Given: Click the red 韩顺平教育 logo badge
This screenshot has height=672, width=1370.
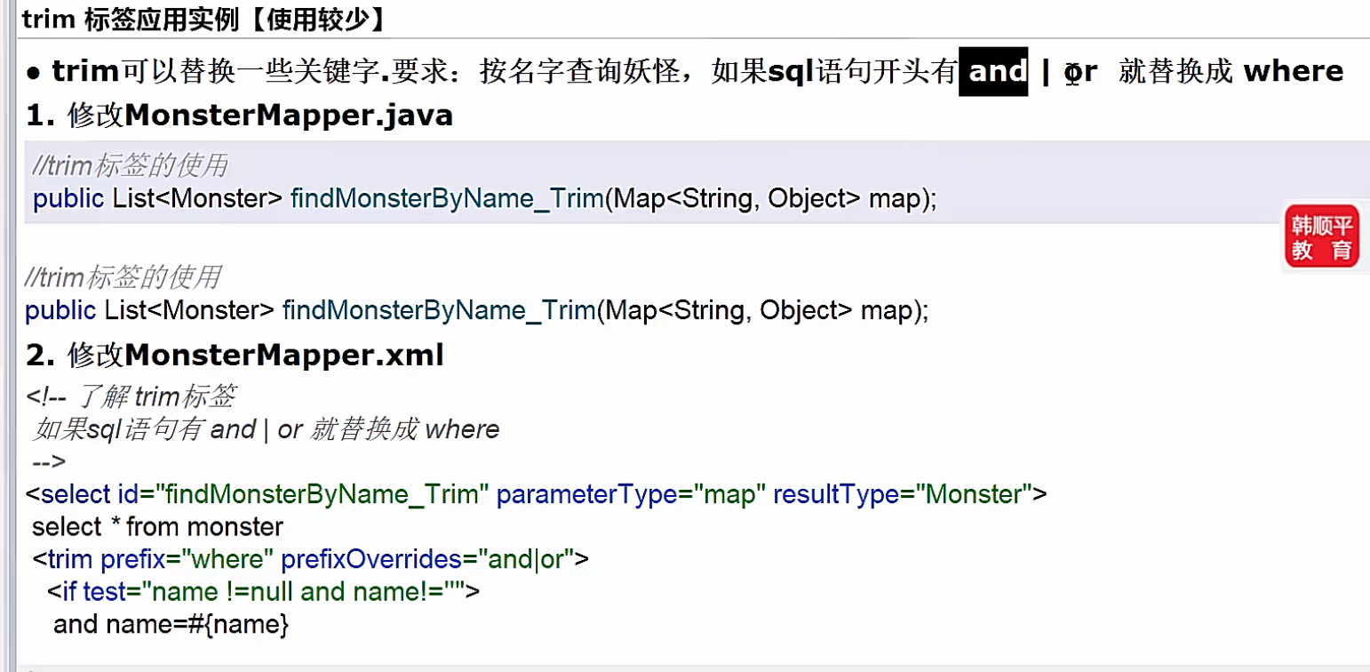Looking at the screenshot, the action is pyautogui.click(x=1321, y=236).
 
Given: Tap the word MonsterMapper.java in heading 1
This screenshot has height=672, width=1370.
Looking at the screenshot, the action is pyautogui.click(x=289, y=116).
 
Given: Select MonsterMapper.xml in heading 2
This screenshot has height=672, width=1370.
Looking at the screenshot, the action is pyautogui.click(x=284, y=356).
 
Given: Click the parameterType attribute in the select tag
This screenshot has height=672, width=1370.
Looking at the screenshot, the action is pyautogui.click(x=587, y=493).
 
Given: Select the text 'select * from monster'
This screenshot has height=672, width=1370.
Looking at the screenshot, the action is pyautogui.click(x=157, y=526).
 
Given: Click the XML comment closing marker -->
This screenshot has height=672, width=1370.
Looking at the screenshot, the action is pyautogui.click(x=48, y=461).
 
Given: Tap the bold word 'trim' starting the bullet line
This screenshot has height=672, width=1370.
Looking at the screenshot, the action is pyautogui.click(x=85, y=70).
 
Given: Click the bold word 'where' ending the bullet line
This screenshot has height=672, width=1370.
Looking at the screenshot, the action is pyautogui.click(x=1293, y=70).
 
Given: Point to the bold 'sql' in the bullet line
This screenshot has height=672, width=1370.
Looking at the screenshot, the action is pyautogui.click(x=791, y=70).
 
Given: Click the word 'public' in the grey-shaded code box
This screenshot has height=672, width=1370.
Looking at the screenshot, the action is pyautogui.click(x=68, y=198).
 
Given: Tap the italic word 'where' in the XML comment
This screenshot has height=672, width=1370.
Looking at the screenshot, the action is pyautogui.click(x=462, y=429).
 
